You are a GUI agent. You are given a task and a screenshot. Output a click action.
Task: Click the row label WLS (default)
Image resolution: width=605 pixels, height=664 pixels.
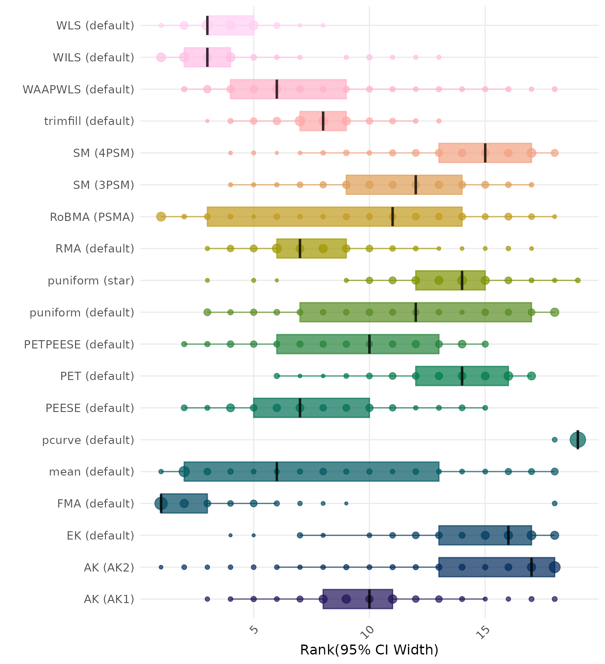[95, 26]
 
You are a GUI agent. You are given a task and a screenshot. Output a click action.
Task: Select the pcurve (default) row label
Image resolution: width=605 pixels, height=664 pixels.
[88, 440]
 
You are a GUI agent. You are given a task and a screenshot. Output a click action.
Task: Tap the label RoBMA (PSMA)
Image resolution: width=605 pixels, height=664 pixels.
[92, 217]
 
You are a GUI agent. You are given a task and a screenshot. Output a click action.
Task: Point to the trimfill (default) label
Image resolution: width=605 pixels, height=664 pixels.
[89, 121]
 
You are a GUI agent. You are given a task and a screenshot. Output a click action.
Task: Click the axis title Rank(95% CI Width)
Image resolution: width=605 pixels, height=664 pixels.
[369, 650]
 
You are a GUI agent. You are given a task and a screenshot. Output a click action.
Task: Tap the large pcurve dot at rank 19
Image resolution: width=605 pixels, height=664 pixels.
[578, 440]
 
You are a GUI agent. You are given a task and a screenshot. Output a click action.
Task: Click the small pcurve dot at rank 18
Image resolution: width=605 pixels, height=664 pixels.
[554, 440]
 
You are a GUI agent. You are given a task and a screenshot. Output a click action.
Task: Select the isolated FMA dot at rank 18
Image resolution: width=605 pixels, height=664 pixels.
[554, 503]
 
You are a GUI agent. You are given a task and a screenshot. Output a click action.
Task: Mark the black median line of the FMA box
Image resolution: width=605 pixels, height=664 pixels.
[161, 503]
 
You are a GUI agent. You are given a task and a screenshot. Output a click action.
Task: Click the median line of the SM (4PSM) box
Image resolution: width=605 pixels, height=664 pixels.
[485, 153]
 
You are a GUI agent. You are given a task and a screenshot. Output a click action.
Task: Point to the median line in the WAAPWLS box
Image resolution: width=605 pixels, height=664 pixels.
[277, 89]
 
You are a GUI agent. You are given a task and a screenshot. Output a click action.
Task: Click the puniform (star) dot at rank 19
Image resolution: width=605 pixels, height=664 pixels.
[578, 281]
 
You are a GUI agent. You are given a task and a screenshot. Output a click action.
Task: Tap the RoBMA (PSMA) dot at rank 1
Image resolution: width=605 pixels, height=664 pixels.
[161, 217]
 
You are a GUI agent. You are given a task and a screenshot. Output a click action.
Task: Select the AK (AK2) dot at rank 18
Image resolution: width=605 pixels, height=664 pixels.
[554, 567]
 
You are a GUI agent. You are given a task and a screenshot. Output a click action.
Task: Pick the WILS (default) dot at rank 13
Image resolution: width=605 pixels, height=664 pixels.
[439, 57]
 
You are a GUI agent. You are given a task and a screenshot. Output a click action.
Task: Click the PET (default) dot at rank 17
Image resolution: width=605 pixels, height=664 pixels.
[532, 376]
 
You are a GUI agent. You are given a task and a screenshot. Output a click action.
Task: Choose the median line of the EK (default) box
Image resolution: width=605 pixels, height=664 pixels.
[508, 535]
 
